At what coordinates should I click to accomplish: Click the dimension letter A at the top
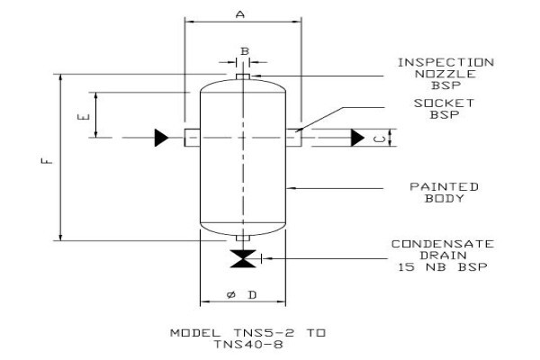tap(240, 14)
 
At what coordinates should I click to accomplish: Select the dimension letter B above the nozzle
tap(245, 51)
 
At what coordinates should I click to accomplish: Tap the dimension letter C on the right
tap(380, 139)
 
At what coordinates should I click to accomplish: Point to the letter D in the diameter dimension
tap(252, 295)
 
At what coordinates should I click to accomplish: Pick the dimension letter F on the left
tap(47, 161)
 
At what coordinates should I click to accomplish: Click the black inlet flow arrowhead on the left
tap(161, 138)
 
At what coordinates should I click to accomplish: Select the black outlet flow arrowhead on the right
tap(357, 138)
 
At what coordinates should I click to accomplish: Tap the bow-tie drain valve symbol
tap(243, 258)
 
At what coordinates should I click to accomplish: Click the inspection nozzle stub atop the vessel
tap(243, 76)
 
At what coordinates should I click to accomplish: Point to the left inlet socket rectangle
tap(193, 138)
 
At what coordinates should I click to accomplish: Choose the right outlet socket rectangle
tap(293, 138)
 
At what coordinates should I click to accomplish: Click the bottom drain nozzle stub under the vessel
tap(243, 238)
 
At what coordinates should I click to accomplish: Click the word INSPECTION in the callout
tap(446, 63)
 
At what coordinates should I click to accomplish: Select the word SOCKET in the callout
tap(444, 103)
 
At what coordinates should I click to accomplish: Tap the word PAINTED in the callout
tap(444, 186)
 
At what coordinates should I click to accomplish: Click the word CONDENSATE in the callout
tap(443, 244)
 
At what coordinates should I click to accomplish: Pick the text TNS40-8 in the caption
tap(248, 344)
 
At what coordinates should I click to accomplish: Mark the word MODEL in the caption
tap(195, 333)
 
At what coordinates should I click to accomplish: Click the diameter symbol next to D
tap(231, 295)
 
